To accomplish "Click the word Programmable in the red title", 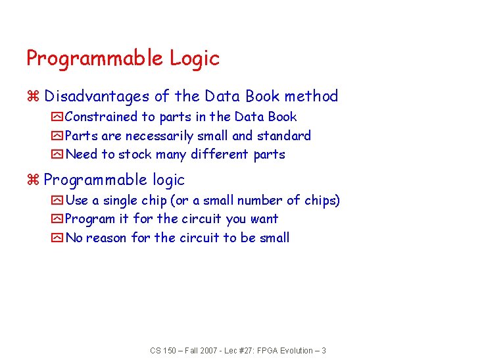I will [x=95, y=59].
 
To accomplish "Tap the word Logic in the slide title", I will [x=195, y=59].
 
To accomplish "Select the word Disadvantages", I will [x=97, y=96].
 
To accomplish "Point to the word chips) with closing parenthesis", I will [x=322, y=201].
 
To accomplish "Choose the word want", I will [x=264, y=219].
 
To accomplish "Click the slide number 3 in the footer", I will [x=324, y=351].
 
